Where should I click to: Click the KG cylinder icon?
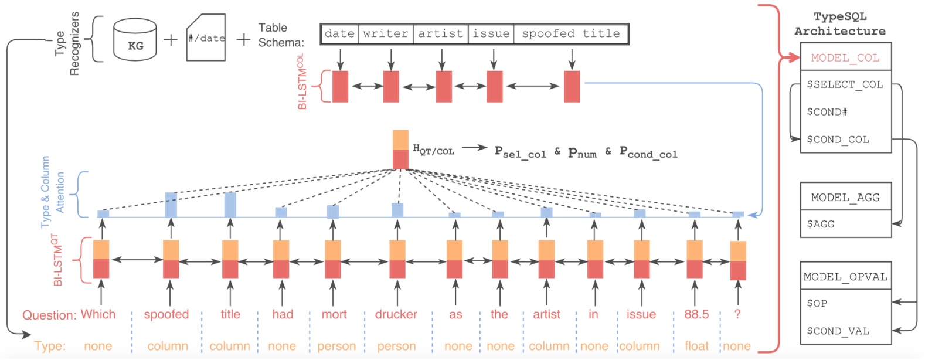tap(135, 40)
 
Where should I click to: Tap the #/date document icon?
tap(206, 38)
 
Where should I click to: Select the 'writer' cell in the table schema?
tap(385, 34)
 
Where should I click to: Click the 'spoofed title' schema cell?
tap(570, 34)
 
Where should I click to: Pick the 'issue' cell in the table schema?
tap(491, 34)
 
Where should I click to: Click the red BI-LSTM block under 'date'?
tap(340, 87)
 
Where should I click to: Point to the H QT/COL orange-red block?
tap(400, 150)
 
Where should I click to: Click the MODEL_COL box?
tap(845, 57)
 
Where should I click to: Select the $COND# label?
tap(827, 112)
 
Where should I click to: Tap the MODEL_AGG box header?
tap(845, 198)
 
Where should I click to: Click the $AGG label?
tap(820, 224)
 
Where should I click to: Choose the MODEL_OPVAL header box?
tap(845, 276)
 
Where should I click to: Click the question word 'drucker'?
tap(396, 314)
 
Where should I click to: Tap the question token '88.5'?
tap(696, 314)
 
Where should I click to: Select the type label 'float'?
tap(696, 347)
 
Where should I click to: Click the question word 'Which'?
tap(98, 314)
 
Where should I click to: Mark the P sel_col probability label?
tap(520, 152)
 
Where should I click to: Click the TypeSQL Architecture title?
tap(840, 24)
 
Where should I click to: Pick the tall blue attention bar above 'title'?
tap(230, 205)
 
